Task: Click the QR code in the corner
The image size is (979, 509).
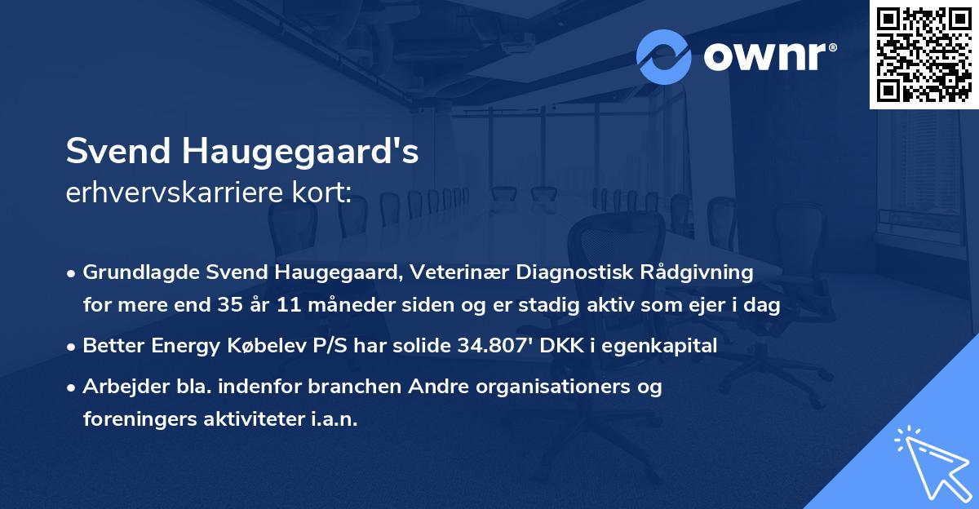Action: (924, 55)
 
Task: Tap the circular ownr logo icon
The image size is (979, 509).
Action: (664, 57)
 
